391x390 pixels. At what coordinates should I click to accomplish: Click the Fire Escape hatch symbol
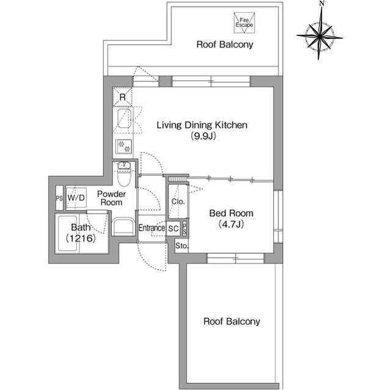pos(244,23)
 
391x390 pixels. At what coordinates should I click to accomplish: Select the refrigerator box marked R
pos(122,97)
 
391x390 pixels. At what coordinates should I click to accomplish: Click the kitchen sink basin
pos(124,118)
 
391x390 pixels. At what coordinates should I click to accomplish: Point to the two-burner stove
pos(124,146)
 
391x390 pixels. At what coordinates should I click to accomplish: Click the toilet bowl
pos(124,178)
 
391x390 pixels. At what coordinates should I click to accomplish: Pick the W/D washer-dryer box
pos(76,198)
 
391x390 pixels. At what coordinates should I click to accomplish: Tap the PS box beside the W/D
pos(59,198)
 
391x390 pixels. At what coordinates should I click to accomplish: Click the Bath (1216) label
pos(81,233)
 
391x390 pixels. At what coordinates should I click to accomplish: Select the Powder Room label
pos(111,198)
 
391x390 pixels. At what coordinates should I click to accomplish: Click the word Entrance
pos(152,228)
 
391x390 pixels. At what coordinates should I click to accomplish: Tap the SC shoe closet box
pos(174,228)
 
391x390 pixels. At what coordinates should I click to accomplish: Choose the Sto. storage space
pos(181,246)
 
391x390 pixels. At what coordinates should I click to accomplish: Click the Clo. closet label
pos(178,201)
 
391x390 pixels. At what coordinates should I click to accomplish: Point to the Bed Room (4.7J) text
pos(231,218)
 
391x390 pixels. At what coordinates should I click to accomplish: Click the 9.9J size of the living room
pos(203,136)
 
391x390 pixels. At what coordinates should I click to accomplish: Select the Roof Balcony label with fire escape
pos(225,45)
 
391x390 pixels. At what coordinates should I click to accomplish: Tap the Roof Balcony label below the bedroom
pos(232,321)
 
